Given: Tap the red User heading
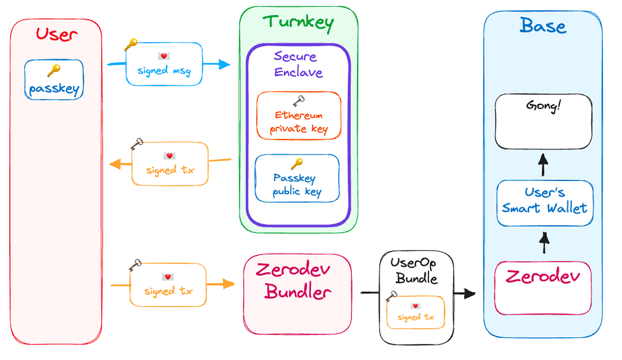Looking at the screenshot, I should pyautogui.click(x=56, y=35).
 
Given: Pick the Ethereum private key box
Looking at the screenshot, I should pyautogui.click(x=299, y=116).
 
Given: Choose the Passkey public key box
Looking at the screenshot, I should pyautogui.click(x=297, y=178).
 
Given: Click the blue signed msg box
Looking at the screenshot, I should pyautogui.click(x=164, y=64).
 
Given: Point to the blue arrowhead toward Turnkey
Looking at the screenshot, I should pyautogui.click(x=224, y=64).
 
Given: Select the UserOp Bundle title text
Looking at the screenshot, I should pyautogui.click(x=416, y=271).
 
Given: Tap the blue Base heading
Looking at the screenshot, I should pyautogui.click(x=543, y=25).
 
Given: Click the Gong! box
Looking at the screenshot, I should pyautogui.click(x=543, y=121).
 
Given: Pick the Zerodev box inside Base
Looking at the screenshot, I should pyautogui.click(x=543, y=288).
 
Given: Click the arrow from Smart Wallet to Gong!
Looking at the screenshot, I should pyautogui.click(x=543, y=167).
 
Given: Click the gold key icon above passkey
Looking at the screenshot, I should pyautogui.click(x=54, y=70).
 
